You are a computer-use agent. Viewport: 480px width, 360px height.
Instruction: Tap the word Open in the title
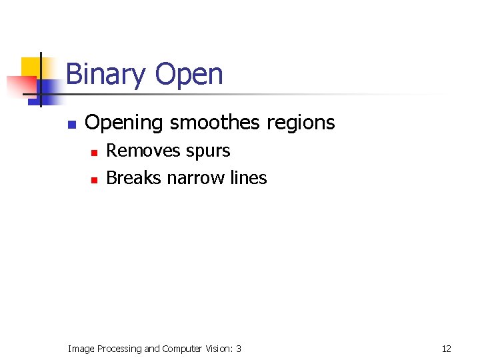click(189, 75)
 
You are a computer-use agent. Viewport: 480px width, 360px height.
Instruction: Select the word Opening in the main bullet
click(124, 123)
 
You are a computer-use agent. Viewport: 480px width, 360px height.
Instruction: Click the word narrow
click(195, 178)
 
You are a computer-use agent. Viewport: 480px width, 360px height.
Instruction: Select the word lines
click(248, 178)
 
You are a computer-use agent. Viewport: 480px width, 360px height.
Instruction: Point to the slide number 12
click(446, 349)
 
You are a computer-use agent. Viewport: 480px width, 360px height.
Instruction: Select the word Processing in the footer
click(119, 349)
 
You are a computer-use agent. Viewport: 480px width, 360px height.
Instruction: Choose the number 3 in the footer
click(239, 349)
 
